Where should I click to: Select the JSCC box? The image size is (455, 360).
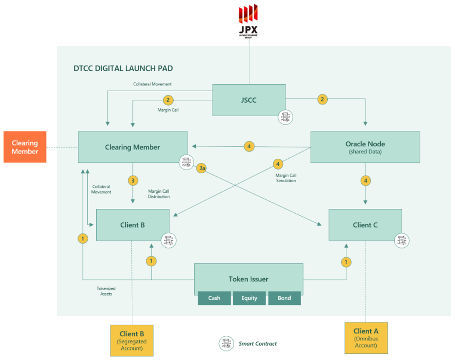tap(249, 100)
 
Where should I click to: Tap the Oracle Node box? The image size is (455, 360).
tap(365, 147)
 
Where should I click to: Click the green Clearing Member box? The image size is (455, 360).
tap(132, 147)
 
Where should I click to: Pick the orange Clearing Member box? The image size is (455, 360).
tap(25, 147)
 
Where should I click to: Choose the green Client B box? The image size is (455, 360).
tap(132, 225)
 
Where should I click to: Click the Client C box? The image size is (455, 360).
tap(365, 225)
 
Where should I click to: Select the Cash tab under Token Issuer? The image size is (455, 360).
tap(214, 298)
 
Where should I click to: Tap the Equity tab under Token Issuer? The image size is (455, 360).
tap(249, 298)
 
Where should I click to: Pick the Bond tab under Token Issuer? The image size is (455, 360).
tap(284, 298)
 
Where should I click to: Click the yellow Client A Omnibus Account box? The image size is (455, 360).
tap(366, 338)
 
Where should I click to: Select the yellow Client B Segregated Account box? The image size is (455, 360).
tap(132, 340)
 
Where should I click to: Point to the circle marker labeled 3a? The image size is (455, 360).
tap(202, 168)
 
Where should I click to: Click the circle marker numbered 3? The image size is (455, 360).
tap(133, 180)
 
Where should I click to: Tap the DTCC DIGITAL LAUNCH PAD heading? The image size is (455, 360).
tap(123, 68)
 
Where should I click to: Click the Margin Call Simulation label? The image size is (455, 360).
tap(286, 178)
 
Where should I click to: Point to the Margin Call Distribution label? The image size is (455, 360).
tap(159, 194)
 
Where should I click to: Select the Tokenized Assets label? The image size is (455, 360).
tap(106, 291)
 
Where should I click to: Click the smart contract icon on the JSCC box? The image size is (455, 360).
tap(285, 117)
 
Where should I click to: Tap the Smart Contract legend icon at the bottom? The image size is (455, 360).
tap(226, 343)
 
